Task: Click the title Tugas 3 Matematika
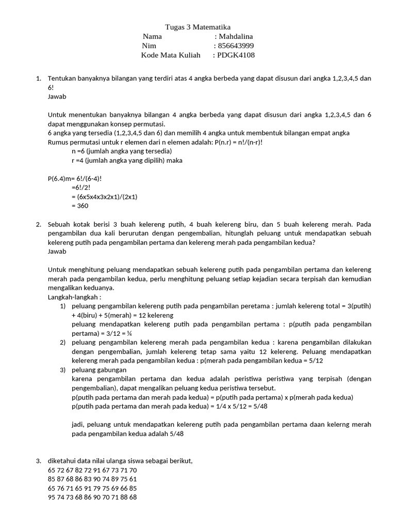[198, 27]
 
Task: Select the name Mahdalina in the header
[236, 36]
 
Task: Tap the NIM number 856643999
[236, 45]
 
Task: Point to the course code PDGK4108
[237, 55]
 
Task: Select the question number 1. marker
[39, 78]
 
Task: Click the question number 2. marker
[39, 224]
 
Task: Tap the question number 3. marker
[39, 460]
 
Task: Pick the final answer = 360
[80, 206]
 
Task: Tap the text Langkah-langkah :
[75, 298]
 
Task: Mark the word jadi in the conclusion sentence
[78, 424]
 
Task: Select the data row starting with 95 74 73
[92, 497]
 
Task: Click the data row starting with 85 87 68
[92, 479]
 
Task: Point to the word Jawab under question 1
[57, 97]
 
